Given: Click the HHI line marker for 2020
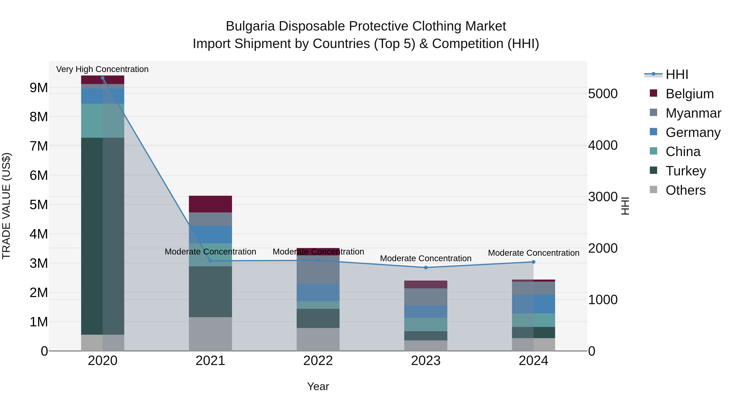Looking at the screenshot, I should [x=103, y=78].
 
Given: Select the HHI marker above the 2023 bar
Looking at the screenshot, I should [x=426, y=268].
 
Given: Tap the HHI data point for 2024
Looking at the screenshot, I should [x=533, y=262].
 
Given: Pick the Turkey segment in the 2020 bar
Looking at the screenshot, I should [x=103, y=236].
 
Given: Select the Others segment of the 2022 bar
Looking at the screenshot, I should [x=318, y=339].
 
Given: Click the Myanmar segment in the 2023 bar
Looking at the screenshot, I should [x=426, y=297].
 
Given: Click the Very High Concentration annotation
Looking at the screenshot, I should [x=102, y=69].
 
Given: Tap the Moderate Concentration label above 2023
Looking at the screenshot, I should [x=426, y=258].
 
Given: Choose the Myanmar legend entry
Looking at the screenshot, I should [x=693, y=113].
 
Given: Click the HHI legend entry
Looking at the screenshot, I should [x=676, y=74].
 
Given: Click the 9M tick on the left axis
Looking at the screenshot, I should [x=39, y=88].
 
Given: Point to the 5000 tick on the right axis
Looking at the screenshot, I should [x=603, y=94].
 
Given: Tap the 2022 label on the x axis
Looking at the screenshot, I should [x=318, y=361].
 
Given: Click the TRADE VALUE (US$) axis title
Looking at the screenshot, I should [x=7, y=206].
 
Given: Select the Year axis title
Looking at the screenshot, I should [x=318, y=386].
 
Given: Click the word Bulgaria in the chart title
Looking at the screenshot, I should [x=250, y=26].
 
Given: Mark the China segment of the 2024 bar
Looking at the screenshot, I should [x=533, y=320].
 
